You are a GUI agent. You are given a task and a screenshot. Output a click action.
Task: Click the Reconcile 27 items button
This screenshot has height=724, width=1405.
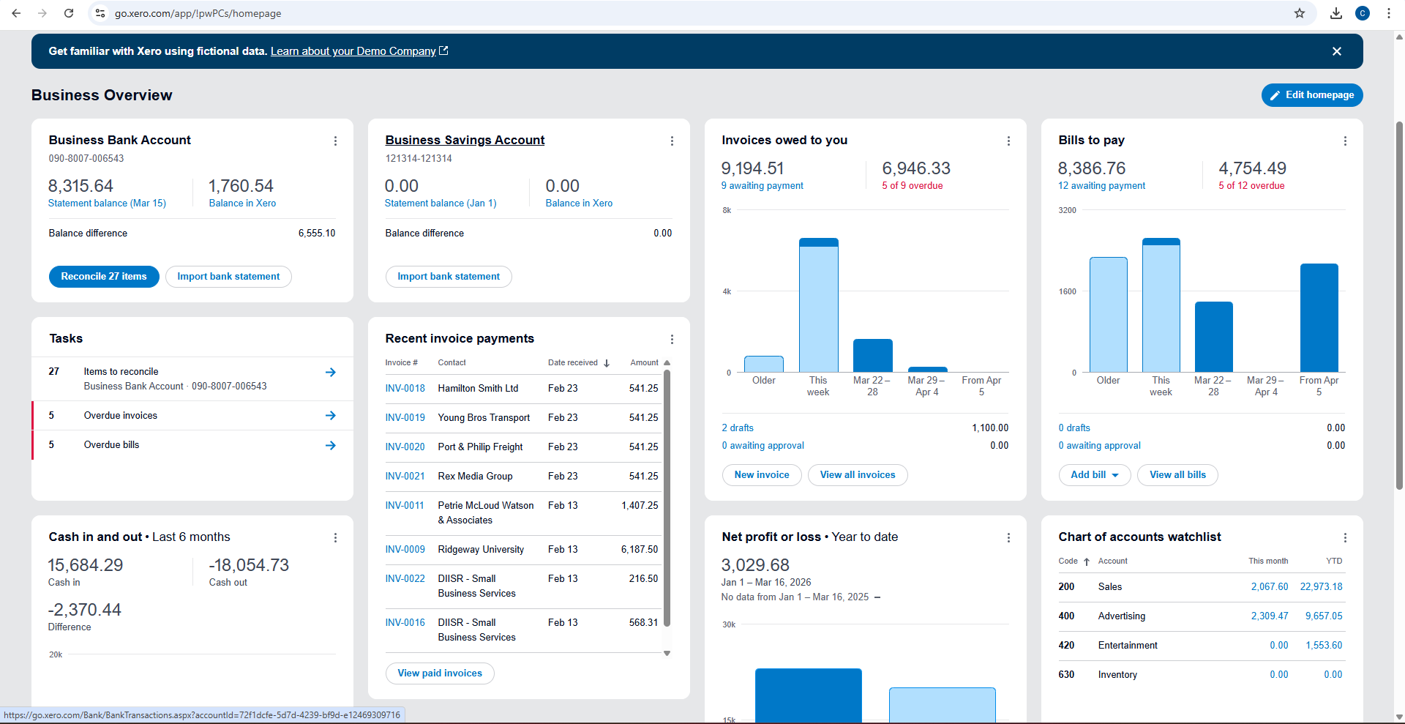(104, 277)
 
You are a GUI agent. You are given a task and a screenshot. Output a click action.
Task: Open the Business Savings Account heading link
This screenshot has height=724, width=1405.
(465, 140)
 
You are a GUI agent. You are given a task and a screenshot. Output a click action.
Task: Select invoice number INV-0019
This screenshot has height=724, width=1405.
(405, 417)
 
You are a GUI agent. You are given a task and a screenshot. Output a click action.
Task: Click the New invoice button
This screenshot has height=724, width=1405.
(762, 475)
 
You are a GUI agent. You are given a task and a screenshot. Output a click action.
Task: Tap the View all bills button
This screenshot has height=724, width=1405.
(1177, 475)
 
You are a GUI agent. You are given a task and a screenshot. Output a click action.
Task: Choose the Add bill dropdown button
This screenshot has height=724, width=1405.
(1095, 475)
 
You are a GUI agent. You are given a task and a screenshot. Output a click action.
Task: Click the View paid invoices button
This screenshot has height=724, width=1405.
(440, 673)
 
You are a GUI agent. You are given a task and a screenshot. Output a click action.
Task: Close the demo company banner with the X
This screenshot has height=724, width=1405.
(1337, 51)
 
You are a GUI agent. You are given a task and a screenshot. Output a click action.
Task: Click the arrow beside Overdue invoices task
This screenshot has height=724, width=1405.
(331, 416)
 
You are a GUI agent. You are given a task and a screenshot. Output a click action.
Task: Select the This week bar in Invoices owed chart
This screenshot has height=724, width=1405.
(819, 305)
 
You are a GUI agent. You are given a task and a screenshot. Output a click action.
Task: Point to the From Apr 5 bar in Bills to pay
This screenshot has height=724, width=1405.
(1319, 318)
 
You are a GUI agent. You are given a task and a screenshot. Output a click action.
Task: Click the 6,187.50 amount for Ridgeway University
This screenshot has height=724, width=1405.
(640, 549)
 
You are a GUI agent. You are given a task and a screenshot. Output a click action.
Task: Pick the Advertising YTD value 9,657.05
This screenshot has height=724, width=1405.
(1324, 616)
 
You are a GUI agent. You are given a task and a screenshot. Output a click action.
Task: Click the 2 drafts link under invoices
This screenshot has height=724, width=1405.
(738, 428)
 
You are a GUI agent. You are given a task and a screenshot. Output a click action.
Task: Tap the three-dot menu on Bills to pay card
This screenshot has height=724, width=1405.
(1345, 141)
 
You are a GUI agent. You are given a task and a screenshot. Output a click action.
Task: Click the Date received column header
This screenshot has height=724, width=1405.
(573, 362)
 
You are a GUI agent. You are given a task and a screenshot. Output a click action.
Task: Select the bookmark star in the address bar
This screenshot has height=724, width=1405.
(1300, 13)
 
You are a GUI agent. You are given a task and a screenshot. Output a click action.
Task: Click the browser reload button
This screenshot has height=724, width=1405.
(69, 13)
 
